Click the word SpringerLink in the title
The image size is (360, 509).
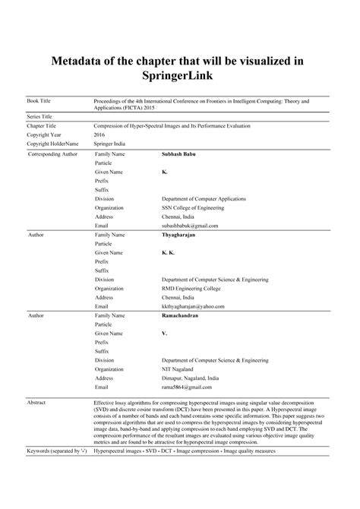pos(179,77)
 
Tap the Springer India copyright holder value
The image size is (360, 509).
pos(109,143)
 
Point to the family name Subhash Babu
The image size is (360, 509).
pos(178,153)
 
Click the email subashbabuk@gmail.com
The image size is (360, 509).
pos(190,226)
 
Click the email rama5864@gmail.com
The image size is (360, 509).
pos(187,387)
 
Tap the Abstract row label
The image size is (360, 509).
pos(38,403)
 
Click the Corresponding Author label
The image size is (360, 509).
pos(52,154)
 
